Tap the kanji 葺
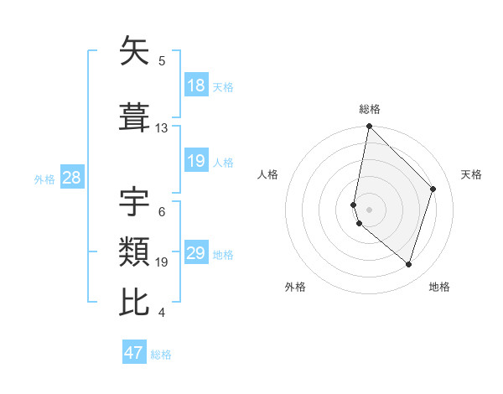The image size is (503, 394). pyautogui.click(x=135, y=117)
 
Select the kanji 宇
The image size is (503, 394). pyautogui.click(x=135, y=200)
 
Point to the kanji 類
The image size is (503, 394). pyautogui.click(x=135, y=251)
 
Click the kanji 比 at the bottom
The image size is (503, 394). pyautogui.click(x=135, y=301)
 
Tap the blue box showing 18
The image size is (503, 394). pyautogui.click(x=196, y=86)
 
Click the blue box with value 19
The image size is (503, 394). pyautogui.click(x=196, y=161)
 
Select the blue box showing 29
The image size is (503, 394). pyautogui.click(x=196, y=253)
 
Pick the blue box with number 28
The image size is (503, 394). pyautogui.click(x=71, y=178)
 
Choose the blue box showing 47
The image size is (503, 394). pyautogui.click(x=134, y=353)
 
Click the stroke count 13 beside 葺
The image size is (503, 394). pyautogui.click(x=162, y=128)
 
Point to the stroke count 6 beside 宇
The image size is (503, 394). pyautogui.click(x=162, y=211)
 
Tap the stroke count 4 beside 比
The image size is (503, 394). pyautogui.click(x=162, y=313)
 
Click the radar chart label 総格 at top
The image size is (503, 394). pyautogui.click(x=370, y=109)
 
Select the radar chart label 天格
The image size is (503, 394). pyautogui.click(x=471, y=174)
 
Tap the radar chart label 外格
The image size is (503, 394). pyautogui.click(x=295, y=287)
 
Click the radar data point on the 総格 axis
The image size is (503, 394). pyautogui.click(x=370, y=127)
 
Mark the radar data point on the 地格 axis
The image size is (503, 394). pyautogui.click(x=408, y=264)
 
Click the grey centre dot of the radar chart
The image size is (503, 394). pyautogui.click(x=370, y=209)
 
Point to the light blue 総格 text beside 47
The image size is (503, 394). pyautogui.click(x=161, y=355)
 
